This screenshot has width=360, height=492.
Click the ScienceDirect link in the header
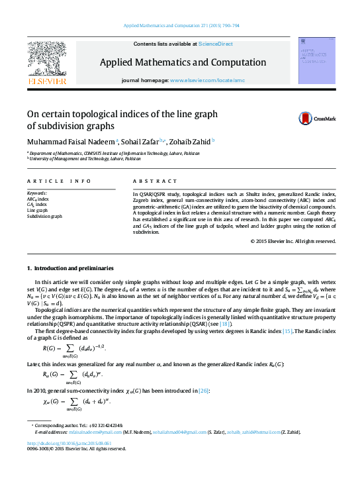[216, 44]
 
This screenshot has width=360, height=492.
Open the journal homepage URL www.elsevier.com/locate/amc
[207, 80]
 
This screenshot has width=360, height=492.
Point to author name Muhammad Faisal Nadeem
[70, 141]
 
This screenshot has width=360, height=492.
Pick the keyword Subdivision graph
[44, 216]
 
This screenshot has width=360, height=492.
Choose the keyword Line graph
[38, 210]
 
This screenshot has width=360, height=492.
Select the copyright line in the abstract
[293, 241]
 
